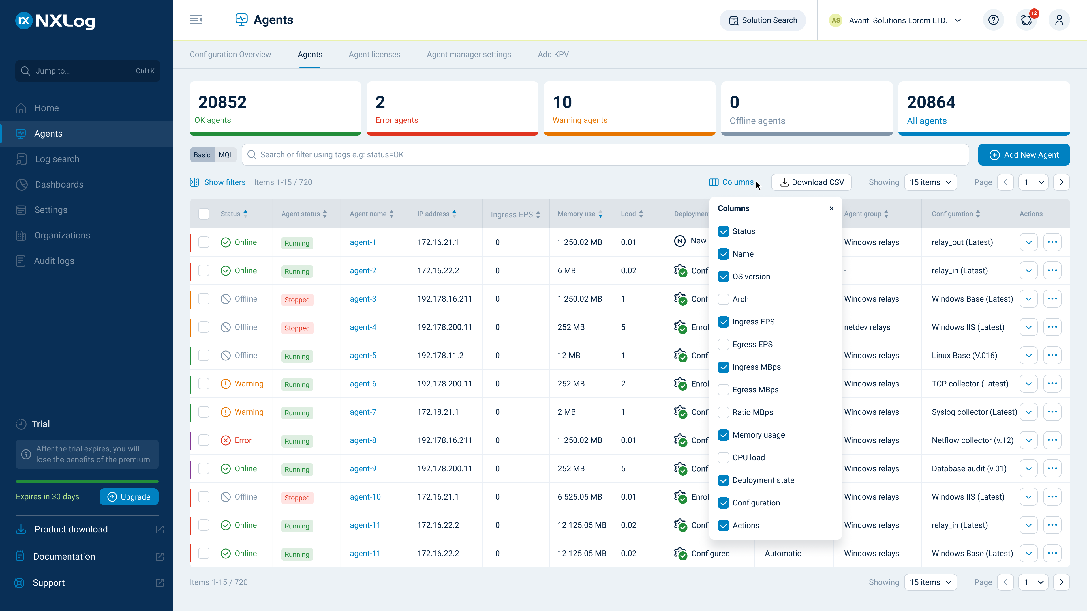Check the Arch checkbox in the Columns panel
pyautogui.click(x=723, y=299)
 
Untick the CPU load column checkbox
pyautogui.click(x=723, y=457)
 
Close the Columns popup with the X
pyautogui.click(x=831, y=208)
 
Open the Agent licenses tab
pyautogui.click(x=374, y=54)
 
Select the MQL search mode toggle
pyautogui.click(x=226, y=155)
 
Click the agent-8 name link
pyautogui.click(x=363, y=440)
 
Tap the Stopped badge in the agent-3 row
pyautogui.click(x=297, y=299)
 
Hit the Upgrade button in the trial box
pyautogui.click(x=129, y=497)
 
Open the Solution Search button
pyautogui.click(x=763, y=20)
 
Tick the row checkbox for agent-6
pyautogui.click(x=204, y=384)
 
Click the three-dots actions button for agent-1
pyautogui.click(x=1052, y=242)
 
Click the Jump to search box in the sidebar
pyautogui.click(x=88, y=71)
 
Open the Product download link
pyautogui.click(x=71, y=529)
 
